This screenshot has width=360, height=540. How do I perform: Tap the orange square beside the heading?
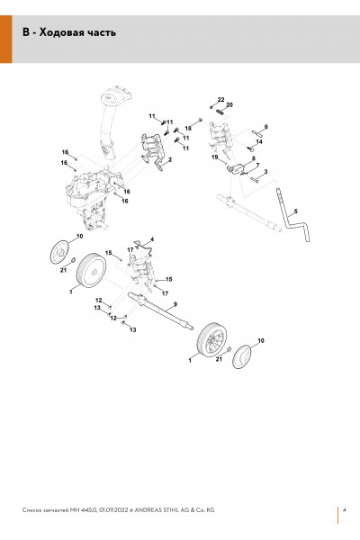(6, 39)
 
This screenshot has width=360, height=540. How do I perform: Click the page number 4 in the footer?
(345, 509)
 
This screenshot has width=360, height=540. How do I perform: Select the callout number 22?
(220, 99)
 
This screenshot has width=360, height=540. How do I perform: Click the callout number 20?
(229, 104)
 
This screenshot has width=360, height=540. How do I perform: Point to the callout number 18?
(188, 129)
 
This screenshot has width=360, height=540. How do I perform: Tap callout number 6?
(266, 127)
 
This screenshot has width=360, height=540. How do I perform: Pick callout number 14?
(259, 141)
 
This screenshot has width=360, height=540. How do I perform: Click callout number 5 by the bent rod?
(295, 211)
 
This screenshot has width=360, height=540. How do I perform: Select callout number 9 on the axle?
(175, 303)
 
